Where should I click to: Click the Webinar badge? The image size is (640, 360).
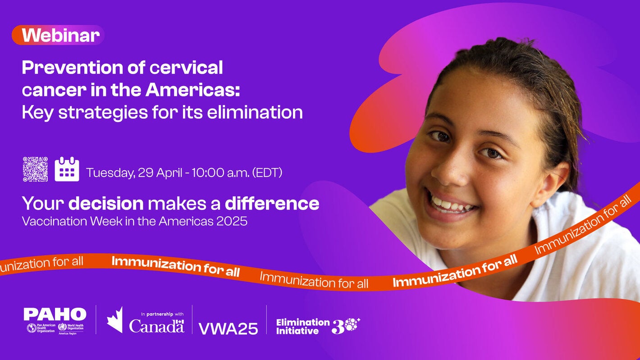point(58,35)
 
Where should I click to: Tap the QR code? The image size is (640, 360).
point(35,169)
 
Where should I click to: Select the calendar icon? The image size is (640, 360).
point(67,169)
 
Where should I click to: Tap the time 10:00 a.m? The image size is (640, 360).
point(214,173)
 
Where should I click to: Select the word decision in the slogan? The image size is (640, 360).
point(106,204)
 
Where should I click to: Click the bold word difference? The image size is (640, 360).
point(272,204)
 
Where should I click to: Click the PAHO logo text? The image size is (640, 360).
point(55,314)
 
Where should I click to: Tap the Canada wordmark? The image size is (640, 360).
point(156,326)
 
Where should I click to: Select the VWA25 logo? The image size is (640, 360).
point(228,328)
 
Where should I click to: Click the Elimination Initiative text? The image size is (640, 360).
point(302,326)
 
